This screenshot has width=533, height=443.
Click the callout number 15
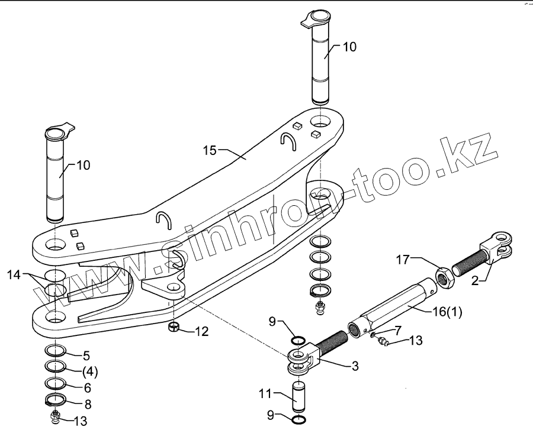pos(209,150)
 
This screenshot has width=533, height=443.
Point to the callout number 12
pos(202,332)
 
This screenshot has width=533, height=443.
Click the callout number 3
pos(354,366)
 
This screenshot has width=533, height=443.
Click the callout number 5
pos(86,355)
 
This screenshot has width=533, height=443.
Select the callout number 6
pos(87,388)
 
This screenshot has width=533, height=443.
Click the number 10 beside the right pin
pos(349,47)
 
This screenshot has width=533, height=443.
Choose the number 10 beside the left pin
pos(83,165)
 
